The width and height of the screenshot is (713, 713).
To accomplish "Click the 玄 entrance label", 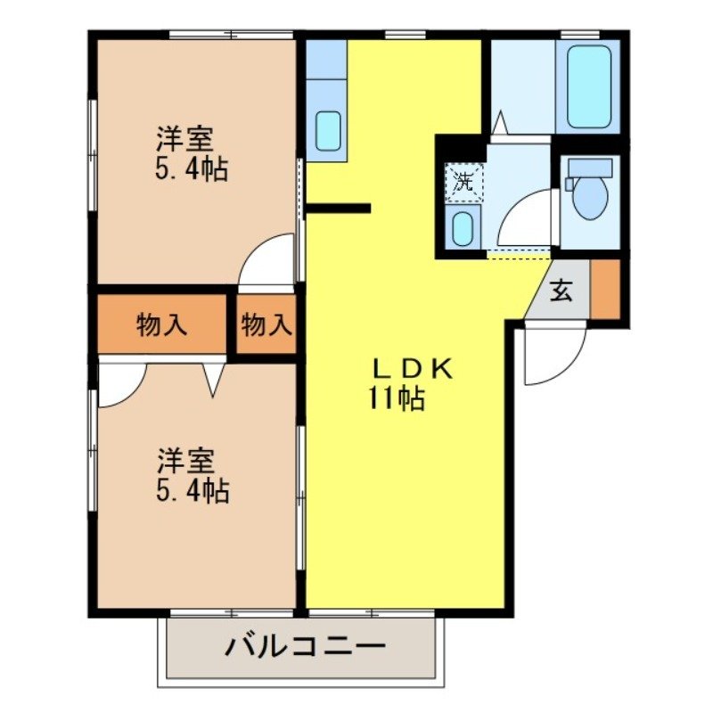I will [560, 291].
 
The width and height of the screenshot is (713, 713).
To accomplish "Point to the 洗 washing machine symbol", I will [463, 182].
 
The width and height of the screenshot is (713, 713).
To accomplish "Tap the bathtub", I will [587, 86].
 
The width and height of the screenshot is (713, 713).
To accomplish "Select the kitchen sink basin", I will [328, 131].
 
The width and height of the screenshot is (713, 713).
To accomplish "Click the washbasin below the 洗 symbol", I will [463, 229].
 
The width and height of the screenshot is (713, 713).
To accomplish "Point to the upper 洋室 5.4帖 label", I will [190, 154].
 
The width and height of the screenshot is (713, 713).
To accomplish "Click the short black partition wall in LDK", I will [339, 209].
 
